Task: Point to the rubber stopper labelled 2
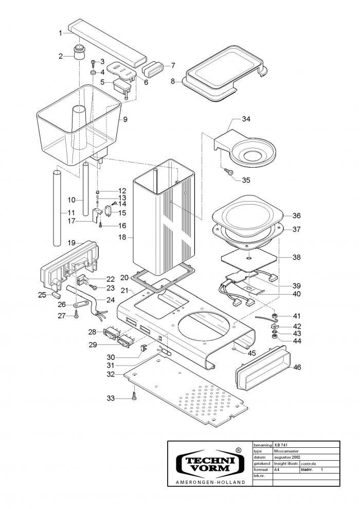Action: [x=79, y=52]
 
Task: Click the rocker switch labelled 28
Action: [x=110, y=332]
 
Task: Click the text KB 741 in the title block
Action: [x=281, y=445]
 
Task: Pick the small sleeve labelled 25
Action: [x=57, y=296]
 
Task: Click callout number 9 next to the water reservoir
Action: [x=125, y=119]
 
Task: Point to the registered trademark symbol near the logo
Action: [x=238, y=449]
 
